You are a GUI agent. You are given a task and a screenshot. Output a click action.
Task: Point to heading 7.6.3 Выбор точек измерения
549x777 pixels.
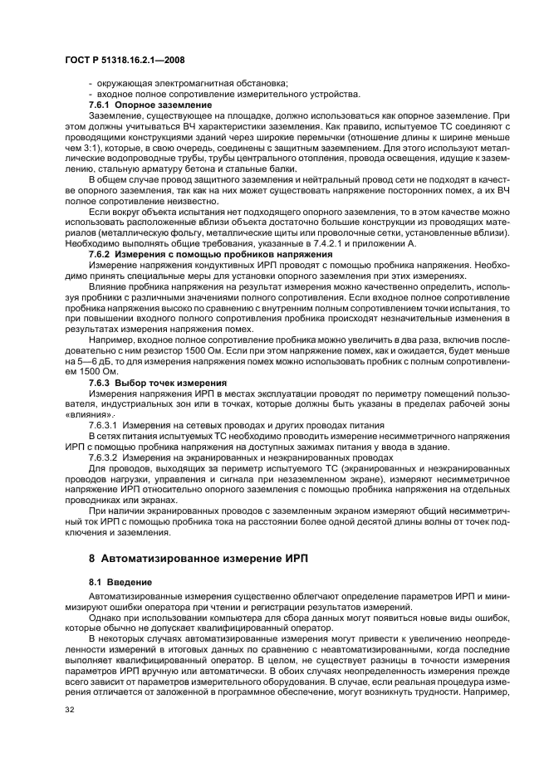(x=152, y=382)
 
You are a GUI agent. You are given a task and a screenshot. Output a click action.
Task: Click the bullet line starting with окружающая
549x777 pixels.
(x=189, y=84)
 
